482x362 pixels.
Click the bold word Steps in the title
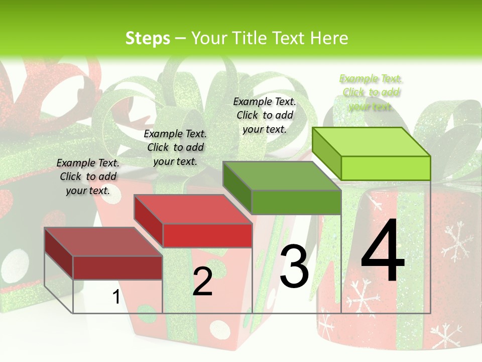tap(148, 38)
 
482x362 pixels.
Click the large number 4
tap(383, 251)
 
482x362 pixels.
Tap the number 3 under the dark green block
tap(294, 265)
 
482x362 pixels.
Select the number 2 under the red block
tap(202, 282)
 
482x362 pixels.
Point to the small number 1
tap(116, 297)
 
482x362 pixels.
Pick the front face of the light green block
tap(386, 168)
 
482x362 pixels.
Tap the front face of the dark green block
tap(296, 203)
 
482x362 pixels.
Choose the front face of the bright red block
tap(207, 235)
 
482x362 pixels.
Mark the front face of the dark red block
tap(117, 267)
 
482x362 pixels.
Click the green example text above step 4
tap(371, 93)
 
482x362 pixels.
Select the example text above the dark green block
tap(265, 115)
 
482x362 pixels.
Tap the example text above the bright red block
tap(175, 147)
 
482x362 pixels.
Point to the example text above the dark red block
tap(88, 176)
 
